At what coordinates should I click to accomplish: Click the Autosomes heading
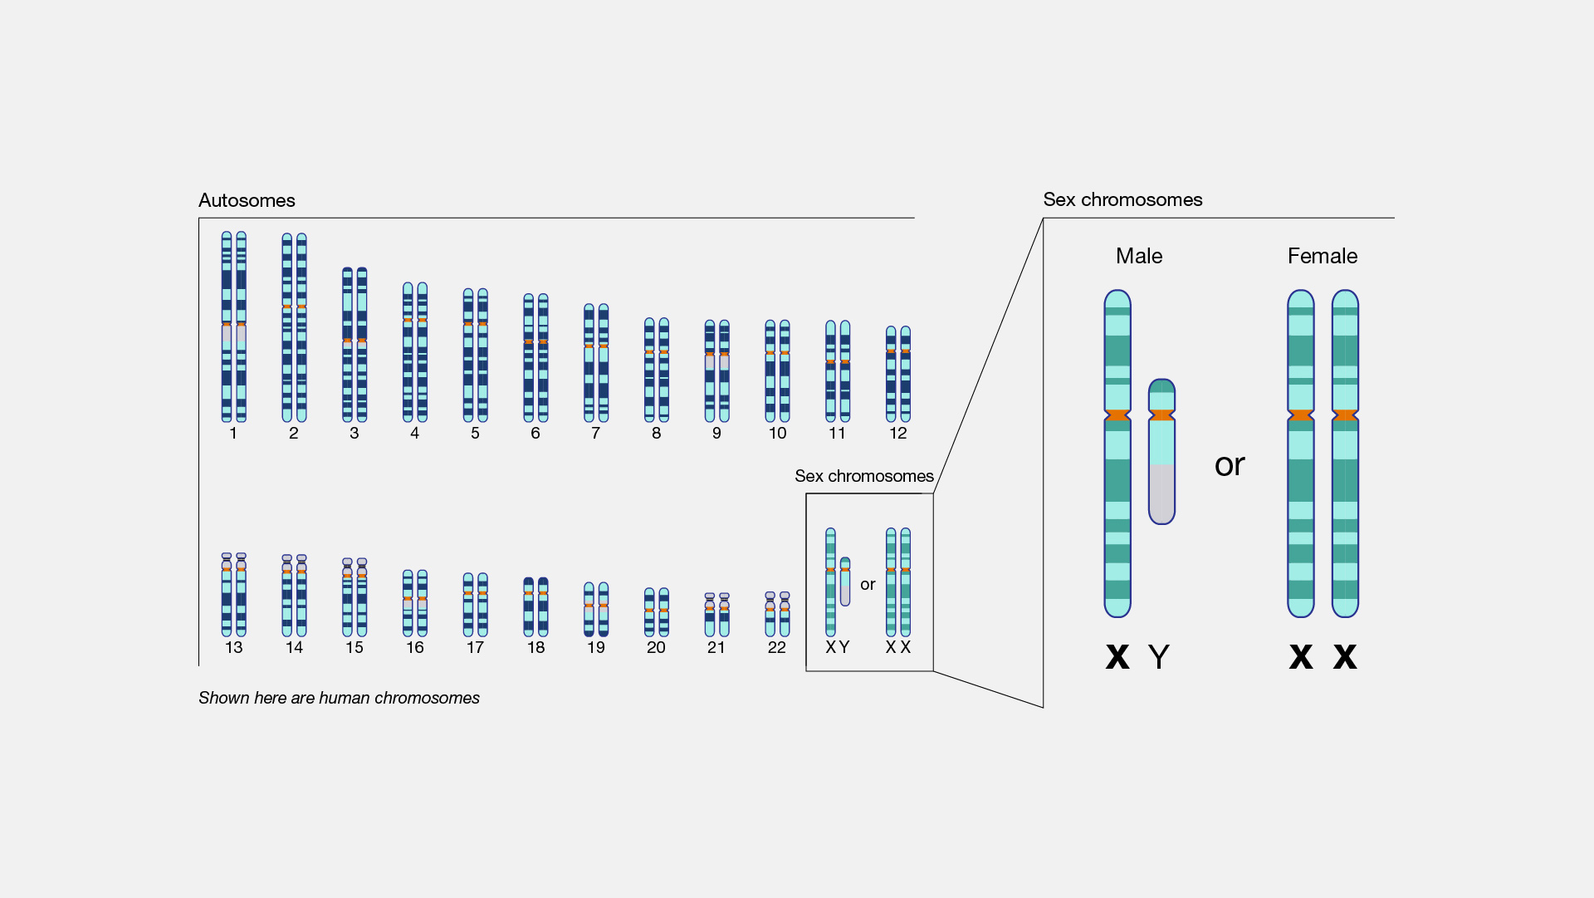(247, 200)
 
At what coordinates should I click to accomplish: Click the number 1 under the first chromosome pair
(233, 434)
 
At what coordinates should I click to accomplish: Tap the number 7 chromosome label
(595, 434)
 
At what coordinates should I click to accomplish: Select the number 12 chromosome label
(897, 434)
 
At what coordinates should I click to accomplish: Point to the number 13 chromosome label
(233, 648)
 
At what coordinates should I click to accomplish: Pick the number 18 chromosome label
(535, 648)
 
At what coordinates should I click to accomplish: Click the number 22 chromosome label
(776, 648)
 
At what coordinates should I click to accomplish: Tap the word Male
(1138, 256)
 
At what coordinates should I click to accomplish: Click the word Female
(1322, 256)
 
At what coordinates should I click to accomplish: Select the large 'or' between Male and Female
(1230, 465)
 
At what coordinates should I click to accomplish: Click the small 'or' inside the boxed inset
(868, 585)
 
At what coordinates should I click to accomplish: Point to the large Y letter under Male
(1159, 658)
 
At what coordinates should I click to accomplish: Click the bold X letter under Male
(1117, 657)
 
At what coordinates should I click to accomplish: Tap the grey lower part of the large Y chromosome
(1161, 494)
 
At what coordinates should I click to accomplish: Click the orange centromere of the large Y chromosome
(1161, 415)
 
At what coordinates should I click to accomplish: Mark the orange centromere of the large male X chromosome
(1117, 415)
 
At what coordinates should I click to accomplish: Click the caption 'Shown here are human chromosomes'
(339, 699)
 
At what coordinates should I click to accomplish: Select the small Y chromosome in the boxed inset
(845, 581)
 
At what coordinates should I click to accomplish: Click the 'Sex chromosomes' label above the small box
(863, 476)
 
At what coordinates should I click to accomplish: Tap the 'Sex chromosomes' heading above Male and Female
(1122, 199)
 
